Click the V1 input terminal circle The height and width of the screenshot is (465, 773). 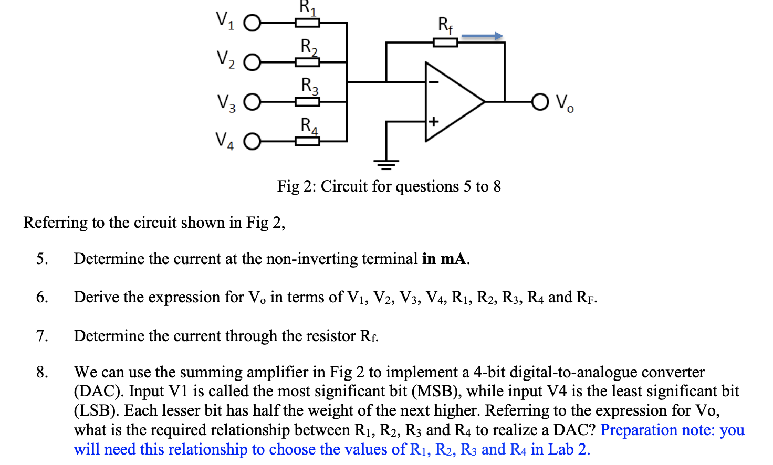pos(252,23)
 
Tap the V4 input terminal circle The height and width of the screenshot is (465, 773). pos(252,142)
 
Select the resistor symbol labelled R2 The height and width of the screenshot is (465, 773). pos(307,62)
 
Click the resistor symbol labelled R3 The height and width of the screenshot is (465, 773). pos(307,102)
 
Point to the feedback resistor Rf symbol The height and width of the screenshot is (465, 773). pos(445,43)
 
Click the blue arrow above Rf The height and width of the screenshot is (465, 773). pos(482,36)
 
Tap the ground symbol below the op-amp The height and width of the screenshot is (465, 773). pos(386,165)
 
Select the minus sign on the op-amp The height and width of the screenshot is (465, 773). pos(433,82)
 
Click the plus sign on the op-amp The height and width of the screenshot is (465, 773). pos(433,122)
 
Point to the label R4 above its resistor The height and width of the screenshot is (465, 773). pos(309,126)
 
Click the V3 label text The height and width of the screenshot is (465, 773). pos(226,102)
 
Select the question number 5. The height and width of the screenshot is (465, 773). pos(42,259)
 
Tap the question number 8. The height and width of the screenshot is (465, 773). pos(42,372)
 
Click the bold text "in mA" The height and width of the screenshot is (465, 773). pos(445,259)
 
